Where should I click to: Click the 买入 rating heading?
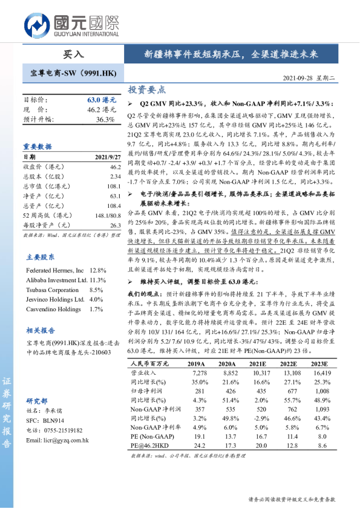click(74, 54)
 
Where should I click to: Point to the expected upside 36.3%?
click(105, 120)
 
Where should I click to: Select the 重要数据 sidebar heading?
click(38, 146)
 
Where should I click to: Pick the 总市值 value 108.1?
click(114, 188)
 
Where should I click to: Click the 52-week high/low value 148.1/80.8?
click(108, 216)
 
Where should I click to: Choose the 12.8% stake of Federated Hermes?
click(98, 270)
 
